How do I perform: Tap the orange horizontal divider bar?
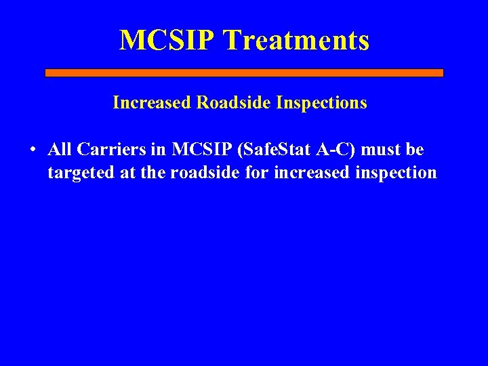(x=244, y=73)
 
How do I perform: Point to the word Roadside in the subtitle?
(x=230, y=103)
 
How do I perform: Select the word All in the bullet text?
(x=60, y=150)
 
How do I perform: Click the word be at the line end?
(x=415, y=150)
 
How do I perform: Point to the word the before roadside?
(x=154, y=173)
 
